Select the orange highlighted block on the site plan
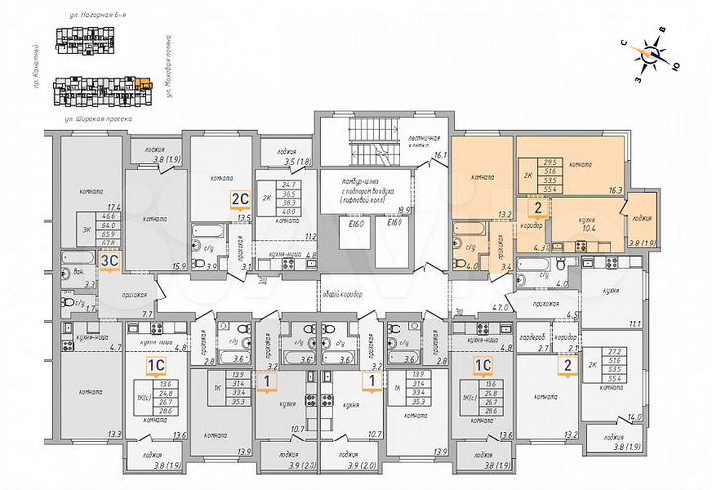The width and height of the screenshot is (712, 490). (145, 86)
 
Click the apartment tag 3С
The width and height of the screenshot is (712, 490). (111, 260)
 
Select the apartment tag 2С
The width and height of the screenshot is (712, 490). (239, 196)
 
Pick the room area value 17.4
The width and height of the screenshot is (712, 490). (113, 207)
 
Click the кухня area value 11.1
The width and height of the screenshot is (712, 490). (637, 324)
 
